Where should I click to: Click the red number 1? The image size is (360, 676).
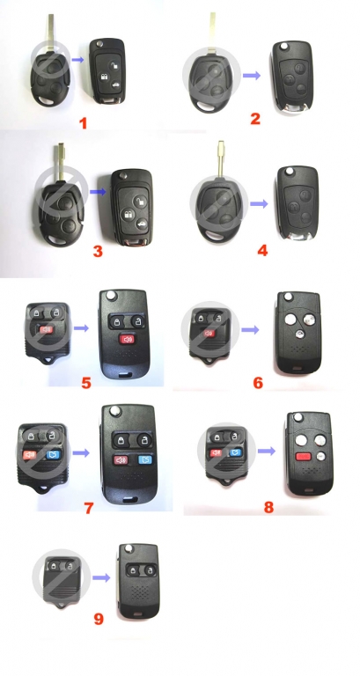coord(83,123)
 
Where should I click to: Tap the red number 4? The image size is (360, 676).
coord(262,250)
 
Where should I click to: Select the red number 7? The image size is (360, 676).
coord(89,507)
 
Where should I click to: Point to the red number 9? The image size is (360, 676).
coord(99,620)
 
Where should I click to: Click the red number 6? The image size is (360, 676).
coord(258,382)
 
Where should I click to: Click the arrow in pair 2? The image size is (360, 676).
coord(252,76)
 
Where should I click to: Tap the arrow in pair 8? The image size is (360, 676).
coord(267,451)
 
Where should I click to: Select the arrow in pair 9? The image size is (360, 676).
coord(101,577)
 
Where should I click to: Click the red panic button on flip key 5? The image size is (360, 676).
coord(127,339)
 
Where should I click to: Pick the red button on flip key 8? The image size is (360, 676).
coord(304,456)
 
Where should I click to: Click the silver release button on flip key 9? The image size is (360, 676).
coord(128,548)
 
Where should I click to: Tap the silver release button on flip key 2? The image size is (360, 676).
coord(283,45)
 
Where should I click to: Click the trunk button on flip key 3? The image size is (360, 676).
coord(140,224)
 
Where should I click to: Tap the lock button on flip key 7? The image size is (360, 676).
coord(120,441)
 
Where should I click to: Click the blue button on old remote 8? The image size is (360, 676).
coord(235,452)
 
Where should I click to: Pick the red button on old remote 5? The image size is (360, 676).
coord(46,330)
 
